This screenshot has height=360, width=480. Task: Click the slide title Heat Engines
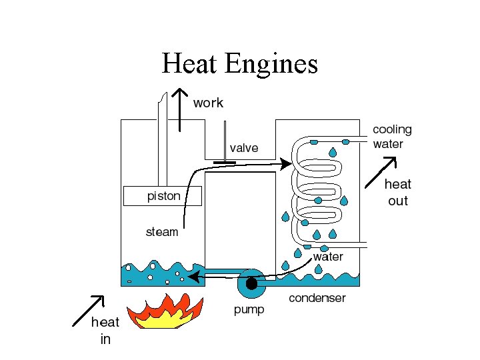(x=239, y=64)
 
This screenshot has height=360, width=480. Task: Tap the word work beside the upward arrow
(x=208, y=103)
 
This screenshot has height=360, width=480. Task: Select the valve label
(x=243, y=148)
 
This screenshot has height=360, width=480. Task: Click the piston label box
(x=162, y=196)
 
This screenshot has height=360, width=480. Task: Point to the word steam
(x=162, y=232)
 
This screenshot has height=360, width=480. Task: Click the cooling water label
(x=392, y=136)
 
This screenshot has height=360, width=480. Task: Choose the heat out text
(x=397, y=192)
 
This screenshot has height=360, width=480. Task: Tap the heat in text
(x=105, y=331)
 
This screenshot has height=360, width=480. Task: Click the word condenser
(x=317, y=298)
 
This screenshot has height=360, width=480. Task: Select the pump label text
(x=249, y=309)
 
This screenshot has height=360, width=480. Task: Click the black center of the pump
(x=251, y=285)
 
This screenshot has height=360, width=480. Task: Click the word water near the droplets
(x=328, y=257)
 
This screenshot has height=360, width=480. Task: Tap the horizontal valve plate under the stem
(x=226, y=162)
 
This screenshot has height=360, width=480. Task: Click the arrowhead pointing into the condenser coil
(x=286, y=163)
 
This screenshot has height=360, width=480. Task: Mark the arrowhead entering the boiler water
(x=192, y=275)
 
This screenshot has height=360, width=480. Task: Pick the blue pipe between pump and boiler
(x=220, y=272)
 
